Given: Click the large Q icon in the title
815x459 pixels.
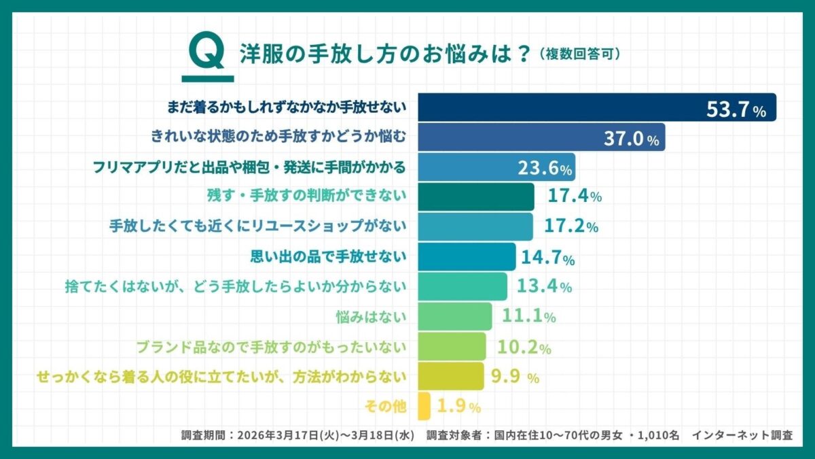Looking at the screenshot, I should pos(204,53).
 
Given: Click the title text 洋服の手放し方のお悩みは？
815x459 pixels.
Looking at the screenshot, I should pos(384,54).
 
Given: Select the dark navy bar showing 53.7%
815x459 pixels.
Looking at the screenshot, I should pos(596,108).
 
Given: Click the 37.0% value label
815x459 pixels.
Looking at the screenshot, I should pos(631,139).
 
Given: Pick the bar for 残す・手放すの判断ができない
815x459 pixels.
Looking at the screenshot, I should pos(475,197).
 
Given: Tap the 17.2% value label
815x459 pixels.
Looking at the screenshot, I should pos(570,226).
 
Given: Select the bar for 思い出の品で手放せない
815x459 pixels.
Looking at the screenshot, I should pos(467,256).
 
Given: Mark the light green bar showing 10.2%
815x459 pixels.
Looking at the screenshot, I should pos(452,346).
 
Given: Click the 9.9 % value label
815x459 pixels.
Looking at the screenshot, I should pos(513,376).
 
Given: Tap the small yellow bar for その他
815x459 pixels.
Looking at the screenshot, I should pos(424,406).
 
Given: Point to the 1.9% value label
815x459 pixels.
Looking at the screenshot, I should pos(458,407).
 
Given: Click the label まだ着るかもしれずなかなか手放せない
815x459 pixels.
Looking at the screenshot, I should pos(286,107).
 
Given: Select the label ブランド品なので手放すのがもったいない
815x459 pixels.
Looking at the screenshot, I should pos(271,346).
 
